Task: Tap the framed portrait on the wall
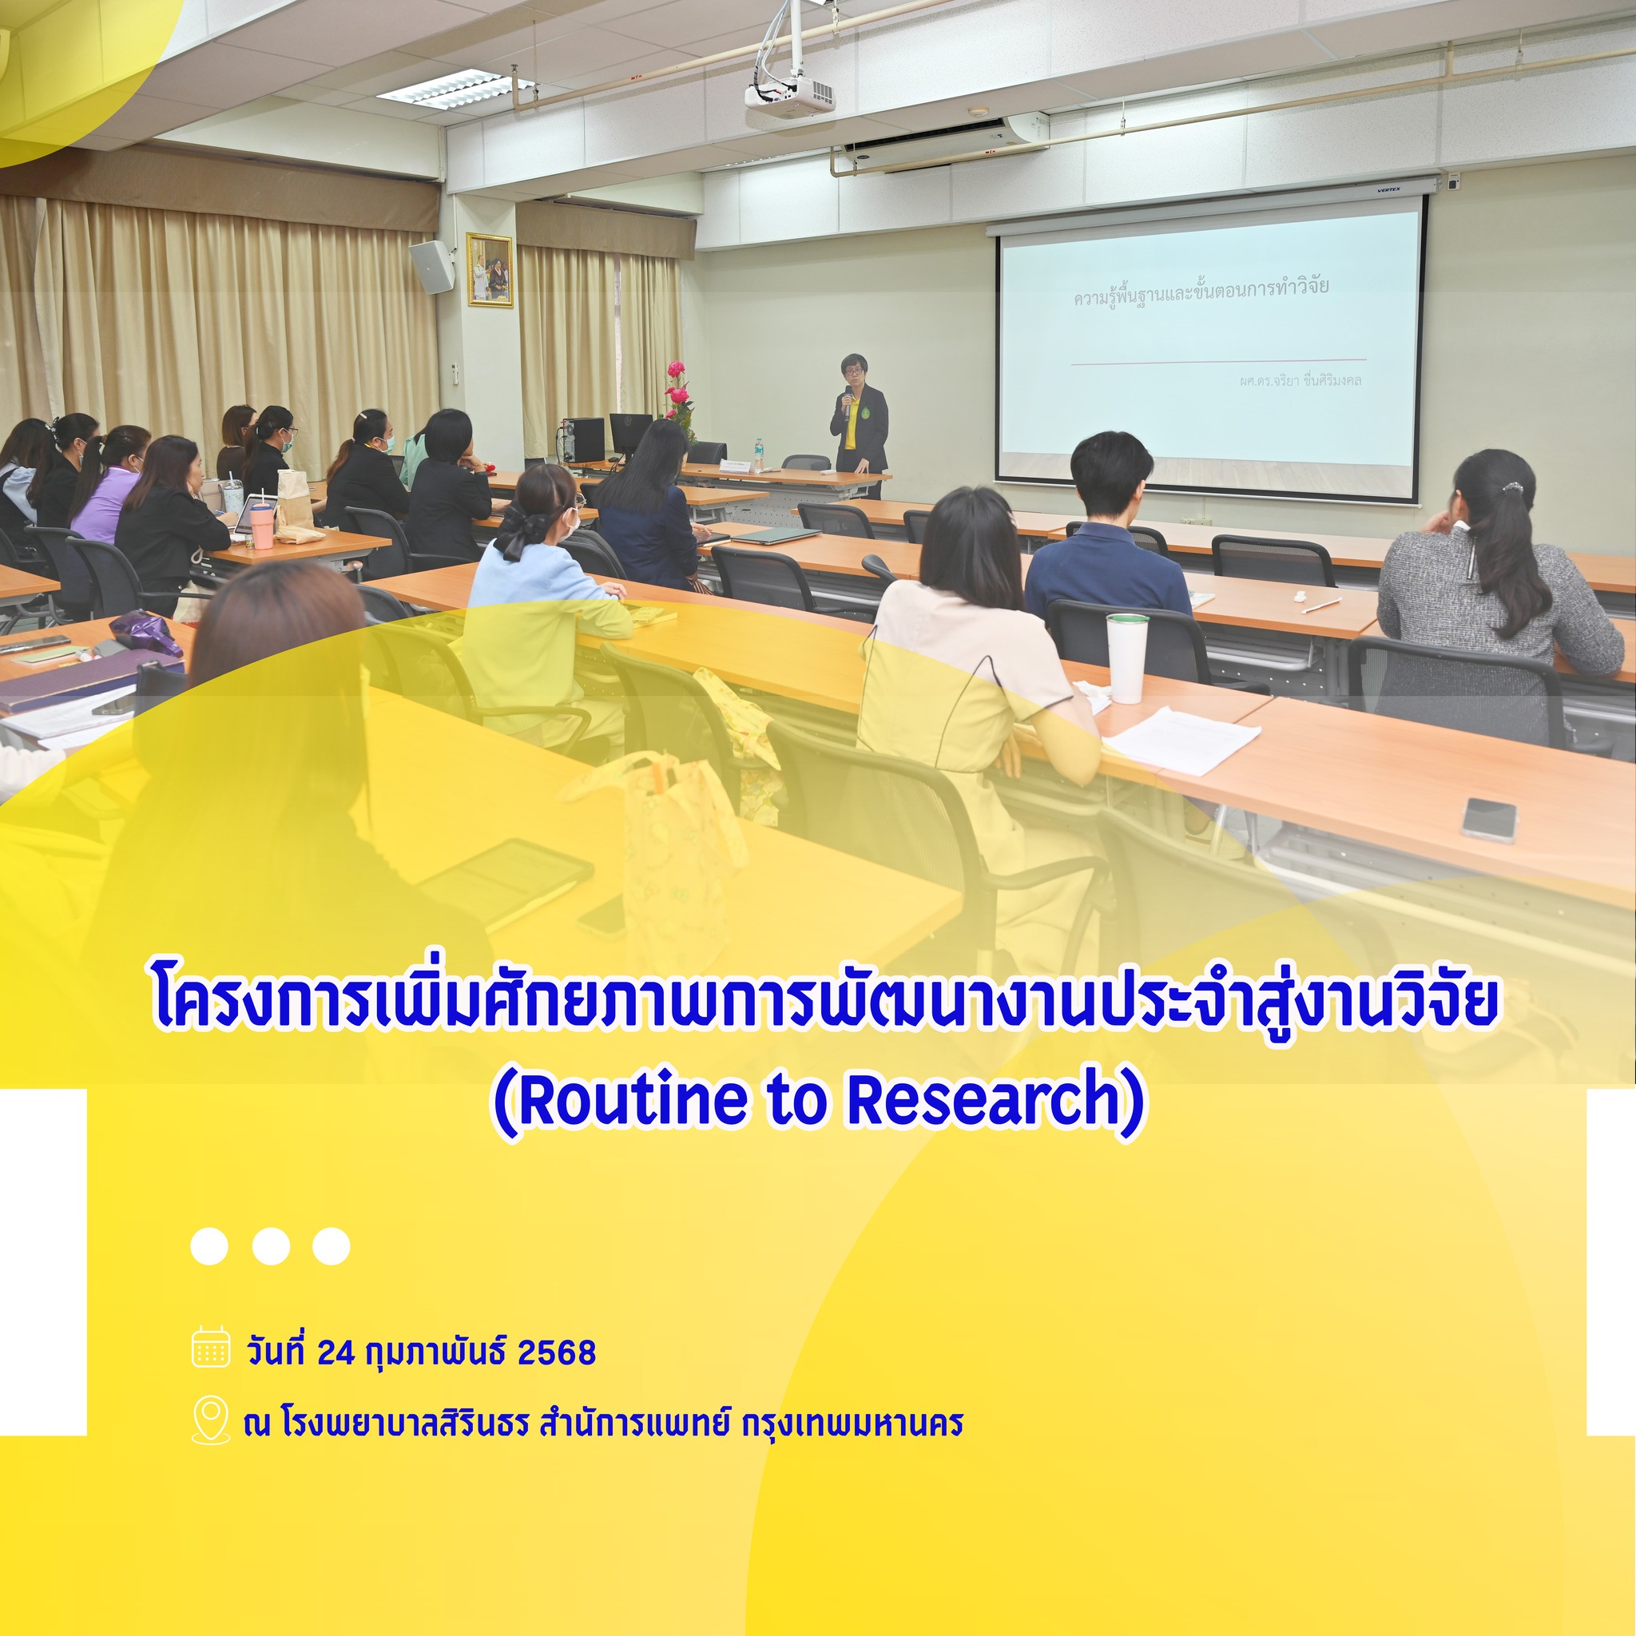490,270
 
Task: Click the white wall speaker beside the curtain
432,267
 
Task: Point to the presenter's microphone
847,400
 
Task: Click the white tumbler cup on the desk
1127,657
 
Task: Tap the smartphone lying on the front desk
1490,820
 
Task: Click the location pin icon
211,1420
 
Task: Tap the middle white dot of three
271,1245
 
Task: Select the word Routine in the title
633,1099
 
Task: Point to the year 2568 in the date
556,1352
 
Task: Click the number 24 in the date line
336,1352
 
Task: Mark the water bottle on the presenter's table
759,455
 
